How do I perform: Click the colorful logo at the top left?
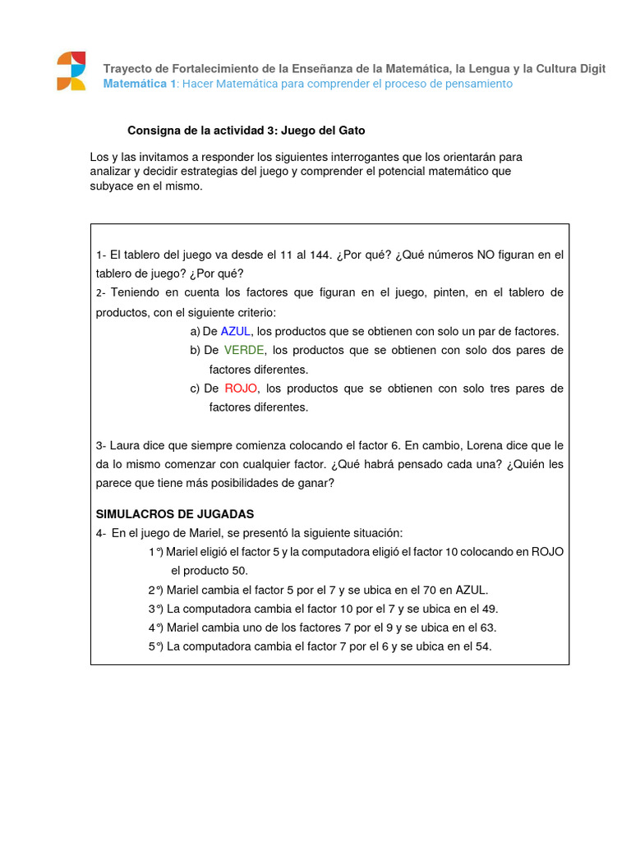point(71,71)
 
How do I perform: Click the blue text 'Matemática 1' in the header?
point(139,84)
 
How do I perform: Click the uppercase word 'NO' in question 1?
point(486,255)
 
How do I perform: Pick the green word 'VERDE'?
point(244,350)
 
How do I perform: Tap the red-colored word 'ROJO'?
point(241,388)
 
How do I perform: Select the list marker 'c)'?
point(195,388)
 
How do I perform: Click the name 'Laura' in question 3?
point(130,445)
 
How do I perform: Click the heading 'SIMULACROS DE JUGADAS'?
point(175,514)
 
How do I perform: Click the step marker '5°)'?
point(156,646)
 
